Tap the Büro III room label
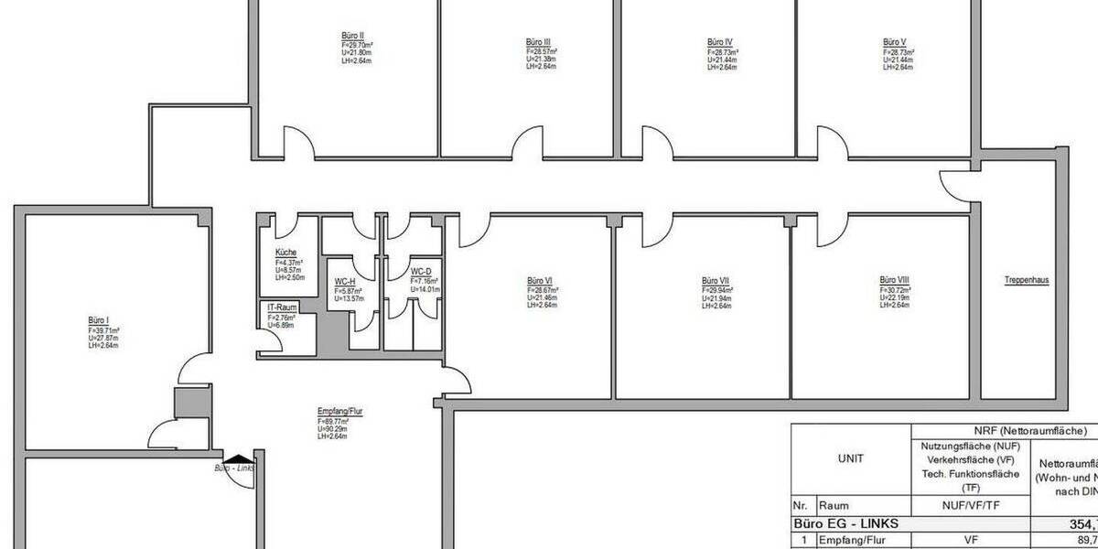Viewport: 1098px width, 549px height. pyautogui.click(x=538, y=42)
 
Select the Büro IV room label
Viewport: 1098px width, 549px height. pyautogui.click(x=719, y=42)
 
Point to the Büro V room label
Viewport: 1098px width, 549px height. pyautogui.click(x=895, y=42)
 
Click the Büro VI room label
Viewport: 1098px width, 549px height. pyautogui.click(x=539, y=280)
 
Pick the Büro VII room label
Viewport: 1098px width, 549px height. pyautogui.click(x=715, y=280)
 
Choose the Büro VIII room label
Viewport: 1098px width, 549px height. pyautogui.click(x=893, y=280)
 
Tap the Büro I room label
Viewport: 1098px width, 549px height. pyautogui.click(x=99, y=320)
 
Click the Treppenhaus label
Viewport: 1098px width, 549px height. pyautogui.click(x=1025, y=281)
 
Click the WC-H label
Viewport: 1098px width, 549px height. pyautogui.click(x=345, y=281)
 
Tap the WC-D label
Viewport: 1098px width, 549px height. pyautogui.click(x=421, y=271)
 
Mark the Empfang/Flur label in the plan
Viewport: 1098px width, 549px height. pyautogui.click(x=340, y=412)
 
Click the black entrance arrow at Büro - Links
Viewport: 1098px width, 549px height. pyautogui.click(x=236, y=460)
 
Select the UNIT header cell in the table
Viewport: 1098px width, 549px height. pyautogui.click(x=850, y=459)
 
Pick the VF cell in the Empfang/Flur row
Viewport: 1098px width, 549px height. pyautogui.click(x=971, y=541)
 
